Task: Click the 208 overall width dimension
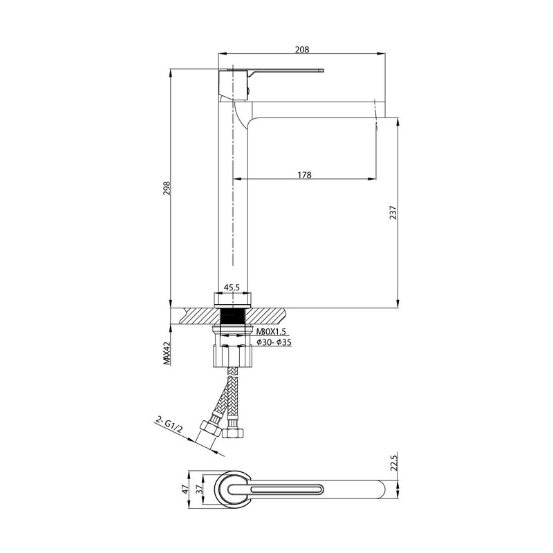coord(301,49)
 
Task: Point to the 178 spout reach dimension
coord(303,176)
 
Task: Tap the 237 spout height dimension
coord(393,213)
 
